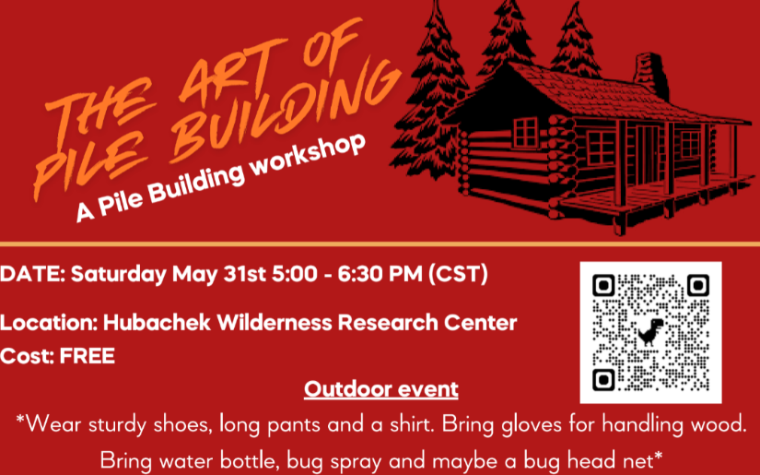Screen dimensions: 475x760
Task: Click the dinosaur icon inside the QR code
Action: point(649,333)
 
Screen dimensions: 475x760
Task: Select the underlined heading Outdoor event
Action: point(381,388)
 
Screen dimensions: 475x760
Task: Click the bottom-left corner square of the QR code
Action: point(603,380)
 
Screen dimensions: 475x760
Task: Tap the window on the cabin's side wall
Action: point(526,131)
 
